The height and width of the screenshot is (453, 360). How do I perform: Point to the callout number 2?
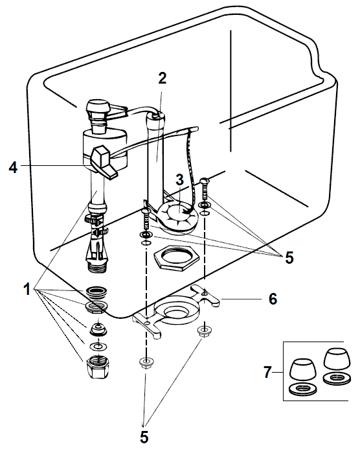tap(163, 78)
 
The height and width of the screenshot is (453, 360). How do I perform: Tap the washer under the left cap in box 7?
tap(302, 389)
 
